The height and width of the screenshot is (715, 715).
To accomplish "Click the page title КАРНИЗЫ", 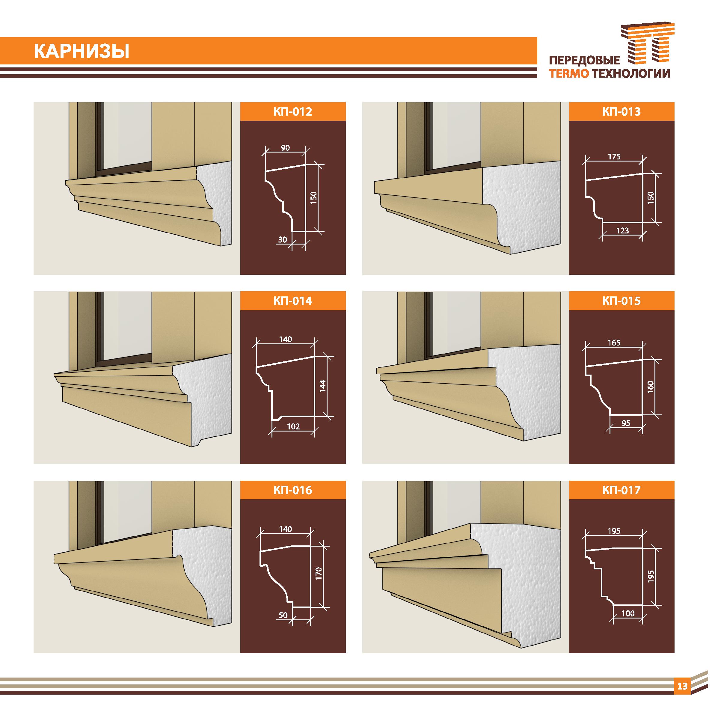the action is click(82, 52).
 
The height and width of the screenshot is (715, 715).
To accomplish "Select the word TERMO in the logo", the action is click(569, 74).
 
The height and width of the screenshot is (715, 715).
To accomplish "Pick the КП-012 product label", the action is click(293, 111).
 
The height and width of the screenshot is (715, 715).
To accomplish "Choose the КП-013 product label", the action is click(622, 111).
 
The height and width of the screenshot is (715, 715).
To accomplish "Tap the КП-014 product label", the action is click(293, 301).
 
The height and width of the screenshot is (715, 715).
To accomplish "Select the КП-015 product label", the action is click(622, 301).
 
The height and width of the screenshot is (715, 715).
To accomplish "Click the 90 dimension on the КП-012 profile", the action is click(285, 148).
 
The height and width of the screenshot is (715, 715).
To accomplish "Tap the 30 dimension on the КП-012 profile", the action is click(282, 239).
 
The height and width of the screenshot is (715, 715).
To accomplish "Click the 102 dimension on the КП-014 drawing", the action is click(293, 426).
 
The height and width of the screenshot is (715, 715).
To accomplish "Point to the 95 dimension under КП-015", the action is click(626, 423).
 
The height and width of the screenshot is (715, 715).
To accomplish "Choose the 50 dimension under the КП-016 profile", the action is click(283, 615).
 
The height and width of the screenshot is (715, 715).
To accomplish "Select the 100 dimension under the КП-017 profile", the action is click(628, 613).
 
